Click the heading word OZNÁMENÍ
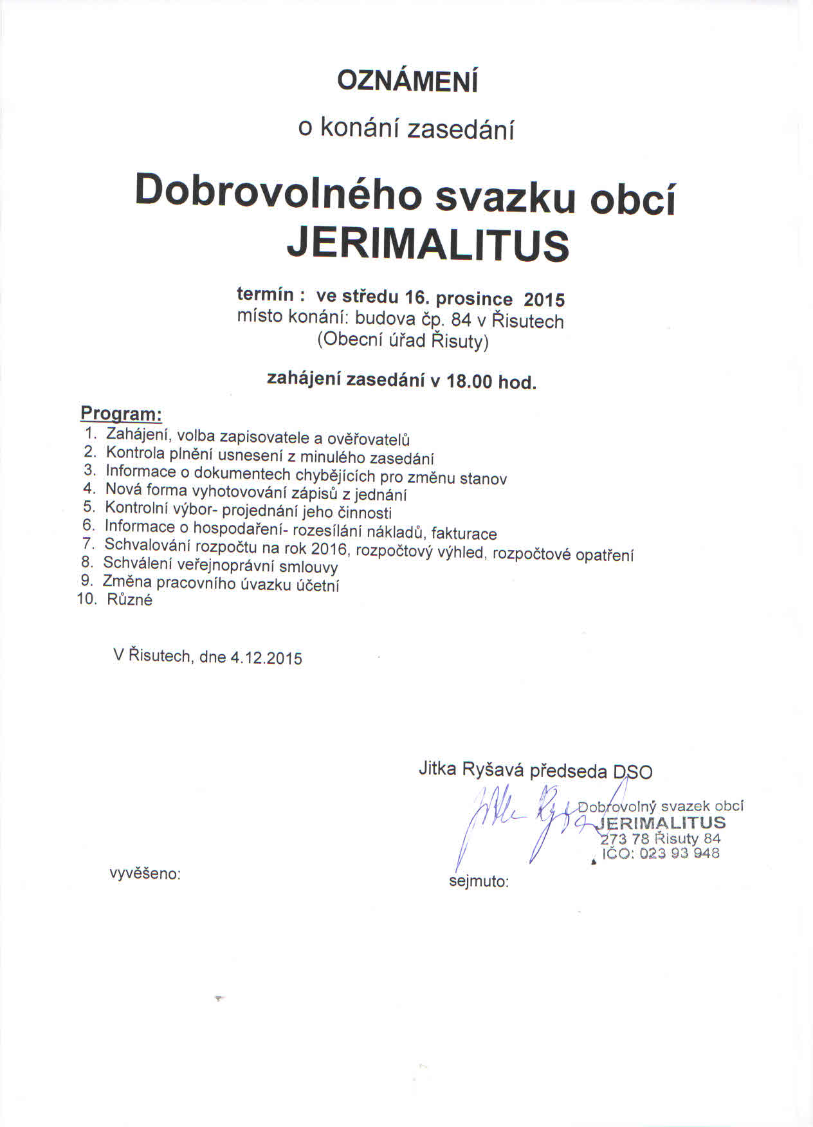(408, 82)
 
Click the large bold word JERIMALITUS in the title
(428, 244)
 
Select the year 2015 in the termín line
(544, 300)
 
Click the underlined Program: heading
(121, 413)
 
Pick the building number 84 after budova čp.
(461, 320)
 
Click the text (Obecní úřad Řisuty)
(403, 340)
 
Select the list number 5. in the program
(89, 506)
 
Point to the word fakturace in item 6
(464, 533)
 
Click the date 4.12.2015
(266, 658)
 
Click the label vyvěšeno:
(145, 874)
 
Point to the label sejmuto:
(479, 881)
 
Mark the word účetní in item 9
(318, 585)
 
